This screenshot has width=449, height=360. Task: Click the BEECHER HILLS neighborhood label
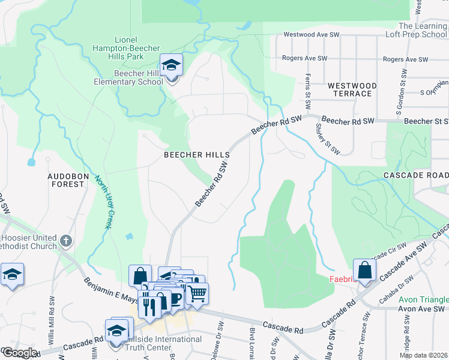click(197, 155)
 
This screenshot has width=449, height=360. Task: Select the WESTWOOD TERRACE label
click(352, 90)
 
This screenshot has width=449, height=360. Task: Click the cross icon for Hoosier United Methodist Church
click(66, 241)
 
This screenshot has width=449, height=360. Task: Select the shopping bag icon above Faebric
click(364, 270)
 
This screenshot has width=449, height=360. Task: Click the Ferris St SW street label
click(308, 87)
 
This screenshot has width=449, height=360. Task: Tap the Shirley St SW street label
click(324, 137)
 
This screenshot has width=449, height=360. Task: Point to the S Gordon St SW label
click(399, 92)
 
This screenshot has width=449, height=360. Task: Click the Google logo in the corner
click(19, 353)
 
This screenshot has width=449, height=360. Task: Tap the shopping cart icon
click(197, 293)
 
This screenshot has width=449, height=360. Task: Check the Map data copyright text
click(423, 355)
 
